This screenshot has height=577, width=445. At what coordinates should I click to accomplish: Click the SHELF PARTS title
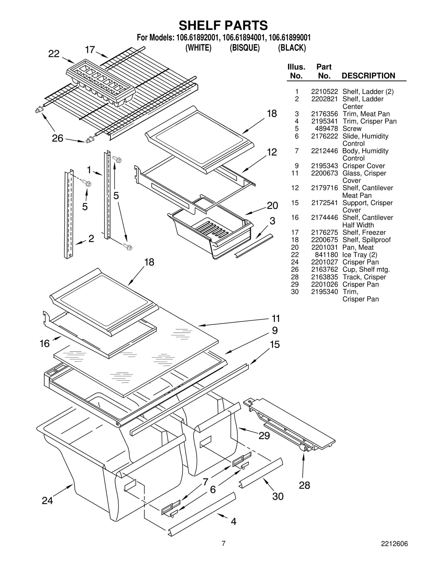(x=223, y=25)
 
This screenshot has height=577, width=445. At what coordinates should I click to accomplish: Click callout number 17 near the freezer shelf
(x=90, y=50)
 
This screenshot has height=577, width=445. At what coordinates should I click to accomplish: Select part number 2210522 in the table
(x=324, y=92)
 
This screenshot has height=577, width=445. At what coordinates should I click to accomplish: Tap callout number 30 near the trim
(x=278, y=496)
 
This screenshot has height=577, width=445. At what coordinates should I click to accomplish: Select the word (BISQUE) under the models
(x=244, y=48)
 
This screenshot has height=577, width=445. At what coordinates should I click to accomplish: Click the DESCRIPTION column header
(x=368, y=76)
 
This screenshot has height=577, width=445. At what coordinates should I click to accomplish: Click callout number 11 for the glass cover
(x=276, y=318)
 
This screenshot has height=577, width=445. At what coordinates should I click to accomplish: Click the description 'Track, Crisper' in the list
(x=364, y=277)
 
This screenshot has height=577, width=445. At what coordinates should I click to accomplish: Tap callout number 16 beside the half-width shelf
(x=44, y=344)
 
